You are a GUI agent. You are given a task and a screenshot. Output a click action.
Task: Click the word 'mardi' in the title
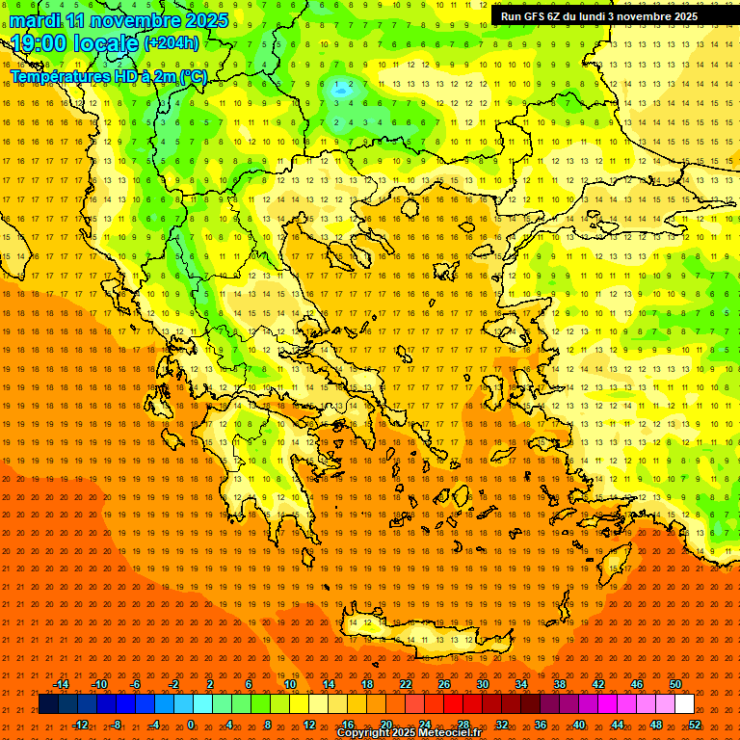tap(33, 20)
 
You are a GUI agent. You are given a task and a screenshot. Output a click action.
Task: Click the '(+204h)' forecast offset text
tap(172, 42)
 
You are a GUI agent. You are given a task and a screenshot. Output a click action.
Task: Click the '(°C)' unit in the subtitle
tap(193, 75)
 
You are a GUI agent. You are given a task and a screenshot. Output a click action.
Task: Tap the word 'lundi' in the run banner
tap(616, 16)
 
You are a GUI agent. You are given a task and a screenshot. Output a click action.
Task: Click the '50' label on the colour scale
tap(675, 684)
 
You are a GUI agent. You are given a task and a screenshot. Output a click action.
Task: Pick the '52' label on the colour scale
tap(695, 724)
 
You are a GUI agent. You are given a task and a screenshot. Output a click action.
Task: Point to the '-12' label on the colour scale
tap(80, 724)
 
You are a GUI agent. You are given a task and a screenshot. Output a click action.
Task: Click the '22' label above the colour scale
tap(406, 684)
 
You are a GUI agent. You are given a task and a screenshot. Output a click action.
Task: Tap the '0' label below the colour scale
tap(191, 724)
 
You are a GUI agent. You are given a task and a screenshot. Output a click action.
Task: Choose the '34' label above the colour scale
tap(521, 684)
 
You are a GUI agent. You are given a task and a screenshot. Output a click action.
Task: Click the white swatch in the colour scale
tap(684, 704)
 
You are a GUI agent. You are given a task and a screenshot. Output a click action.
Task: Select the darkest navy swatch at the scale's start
tap(48, 704)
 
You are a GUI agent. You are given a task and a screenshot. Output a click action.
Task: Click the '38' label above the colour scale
tap(560, 684)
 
